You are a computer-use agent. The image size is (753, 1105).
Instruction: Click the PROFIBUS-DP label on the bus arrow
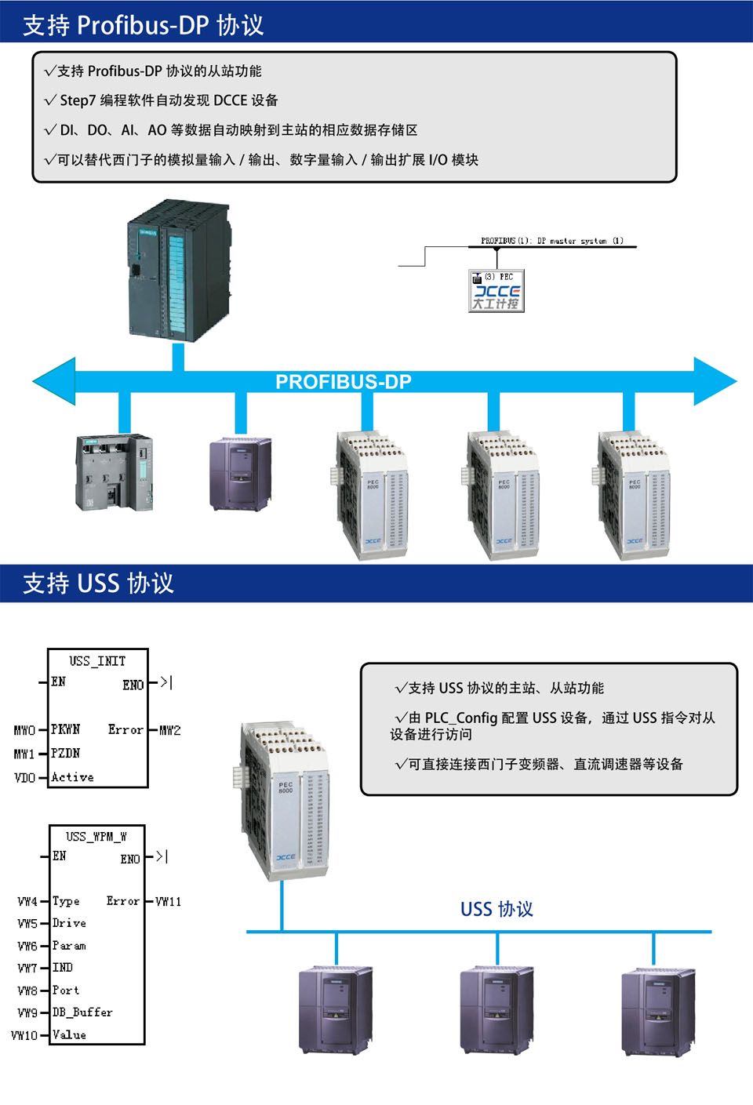(343, 382)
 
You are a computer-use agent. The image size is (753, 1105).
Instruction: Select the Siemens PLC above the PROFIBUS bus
(179, 271)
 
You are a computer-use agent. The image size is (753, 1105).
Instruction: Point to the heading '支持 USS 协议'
(98, 583)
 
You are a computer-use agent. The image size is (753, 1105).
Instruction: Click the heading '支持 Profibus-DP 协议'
(143, 25)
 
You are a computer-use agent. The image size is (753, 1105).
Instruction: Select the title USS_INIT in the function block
(97, 661)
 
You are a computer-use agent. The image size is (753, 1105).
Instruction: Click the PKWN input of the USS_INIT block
(66, 729)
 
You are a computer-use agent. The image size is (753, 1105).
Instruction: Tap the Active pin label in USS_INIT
(72, 777)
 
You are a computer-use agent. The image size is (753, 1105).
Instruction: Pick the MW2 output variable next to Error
(170, 730)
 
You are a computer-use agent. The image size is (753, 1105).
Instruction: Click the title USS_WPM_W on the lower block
(96, 837)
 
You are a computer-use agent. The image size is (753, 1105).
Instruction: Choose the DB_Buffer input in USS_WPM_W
(82, 1012)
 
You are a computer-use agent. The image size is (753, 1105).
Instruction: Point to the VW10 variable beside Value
(24, 1035)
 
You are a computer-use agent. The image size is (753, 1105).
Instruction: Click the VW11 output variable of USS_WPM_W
(169, 902)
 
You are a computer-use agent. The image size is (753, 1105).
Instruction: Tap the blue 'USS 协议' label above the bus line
(497, 909)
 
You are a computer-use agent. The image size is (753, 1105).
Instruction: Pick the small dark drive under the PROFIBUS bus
(240, 474)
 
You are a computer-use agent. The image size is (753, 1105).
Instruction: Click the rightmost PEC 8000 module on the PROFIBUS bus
(632, 496)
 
